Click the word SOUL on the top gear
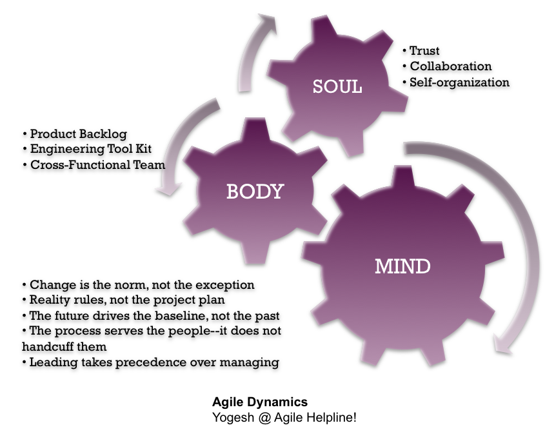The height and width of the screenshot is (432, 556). pyautogui.click(x=337, y=87)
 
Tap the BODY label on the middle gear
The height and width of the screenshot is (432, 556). pyautogui.click(x=255, y=191)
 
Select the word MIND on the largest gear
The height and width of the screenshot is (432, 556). pyautogui.click(x=403, y=265)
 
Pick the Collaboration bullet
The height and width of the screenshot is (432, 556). pyautogui.click(x=450, y=66)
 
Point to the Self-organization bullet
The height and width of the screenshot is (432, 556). pyautogui.click(x=459, y=83)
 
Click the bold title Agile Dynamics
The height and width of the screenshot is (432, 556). pyautogui.click(x=260, y=403)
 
